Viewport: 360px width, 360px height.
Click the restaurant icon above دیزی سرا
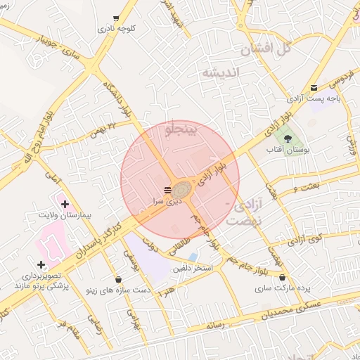167,191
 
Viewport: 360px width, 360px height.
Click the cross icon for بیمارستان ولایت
65,205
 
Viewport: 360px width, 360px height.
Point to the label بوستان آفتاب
288,150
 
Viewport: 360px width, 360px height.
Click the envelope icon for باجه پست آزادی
314,88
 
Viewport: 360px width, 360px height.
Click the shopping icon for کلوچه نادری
116,18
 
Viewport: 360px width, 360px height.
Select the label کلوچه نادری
117,29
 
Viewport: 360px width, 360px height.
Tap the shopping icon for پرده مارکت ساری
282,278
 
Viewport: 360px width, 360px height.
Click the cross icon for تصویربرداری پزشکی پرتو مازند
41,265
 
